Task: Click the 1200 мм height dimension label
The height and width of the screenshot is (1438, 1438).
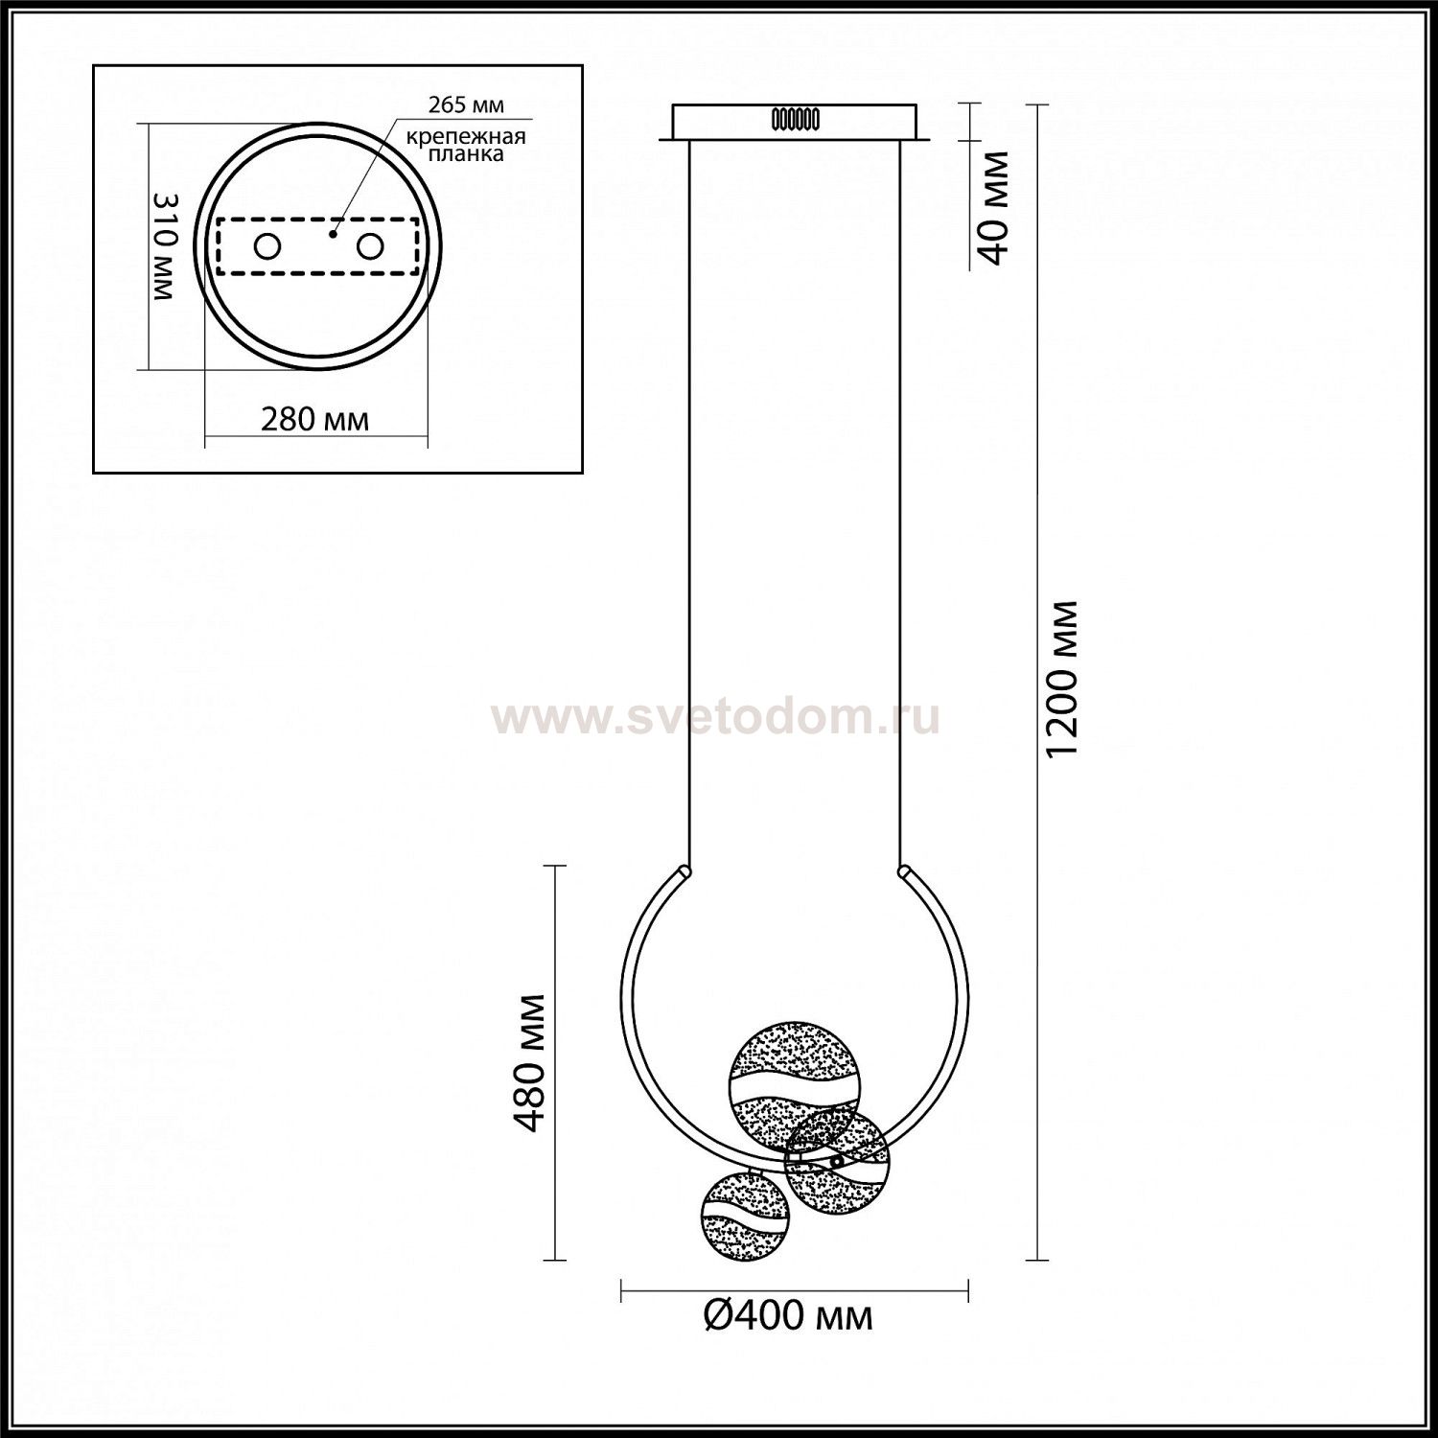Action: tap(1063, 679)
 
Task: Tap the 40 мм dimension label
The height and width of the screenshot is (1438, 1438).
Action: tap(996, 206)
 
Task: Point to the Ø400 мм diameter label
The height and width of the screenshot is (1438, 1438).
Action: tap(788, 1315)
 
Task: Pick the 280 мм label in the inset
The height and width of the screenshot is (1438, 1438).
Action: tap(314, 419)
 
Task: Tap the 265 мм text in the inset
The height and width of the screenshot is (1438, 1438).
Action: tap(467, 104)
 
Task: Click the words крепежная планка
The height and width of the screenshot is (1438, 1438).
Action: tap(466, 145)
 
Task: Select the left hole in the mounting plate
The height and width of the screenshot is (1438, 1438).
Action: tap(267, 246)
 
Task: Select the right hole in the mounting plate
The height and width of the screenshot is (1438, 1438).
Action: tap(370, 246)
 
